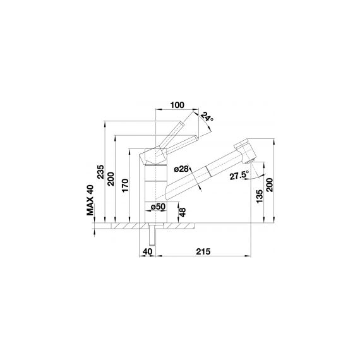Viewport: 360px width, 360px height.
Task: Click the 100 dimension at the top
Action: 177,105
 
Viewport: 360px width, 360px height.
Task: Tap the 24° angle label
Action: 207,117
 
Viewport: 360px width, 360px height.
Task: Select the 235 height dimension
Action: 101,172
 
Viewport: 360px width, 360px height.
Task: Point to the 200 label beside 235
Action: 111,179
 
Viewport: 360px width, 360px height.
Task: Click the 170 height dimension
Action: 125,186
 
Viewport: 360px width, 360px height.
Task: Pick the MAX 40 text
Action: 90,200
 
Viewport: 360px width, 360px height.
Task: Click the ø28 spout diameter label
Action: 181,169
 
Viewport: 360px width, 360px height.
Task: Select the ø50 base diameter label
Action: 158,207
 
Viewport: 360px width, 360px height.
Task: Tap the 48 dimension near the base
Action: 183,212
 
